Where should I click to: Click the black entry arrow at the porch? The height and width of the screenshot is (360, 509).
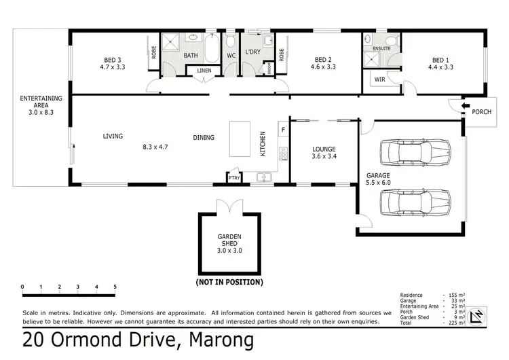pyautogui.click(x=465, y=106)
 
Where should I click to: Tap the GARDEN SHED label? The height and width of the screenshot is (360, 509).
pyautogui.click(x=229, y=239)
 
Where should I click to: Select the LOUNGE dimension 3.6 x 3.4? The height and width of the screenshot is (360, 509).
pyautogui.click(x=324, y=157)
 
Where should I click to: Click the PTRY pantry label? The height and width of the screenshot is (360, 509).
pyautogui.click(x=233, y=177)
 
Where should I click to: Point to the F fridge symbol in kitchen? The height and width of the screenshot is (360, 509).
pyautogui.click(x=283, y=128)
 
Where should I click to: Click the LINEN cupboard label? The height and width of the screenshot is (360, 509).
pyautogui.click(x=204, y=71)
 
